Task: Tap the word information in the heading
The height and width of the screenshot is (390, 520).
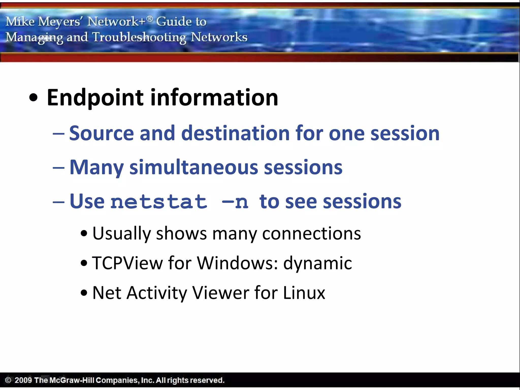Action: pos(214,98)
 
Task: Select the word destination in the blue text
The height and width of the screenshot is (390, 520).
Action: pos(235,133)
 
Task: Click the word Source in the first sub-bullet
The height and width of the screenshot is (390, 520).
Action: pos(101,133)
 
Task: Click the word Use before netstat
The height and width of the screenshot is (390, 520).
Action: pos(87,201)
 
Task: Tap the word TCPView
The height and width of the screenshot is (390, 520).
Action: pos(127,263)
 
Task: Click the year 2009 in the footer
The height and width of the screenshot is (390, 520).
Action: pos(23,380)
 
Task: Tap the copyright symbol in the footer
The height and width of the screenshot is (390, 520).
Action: pos(8,380)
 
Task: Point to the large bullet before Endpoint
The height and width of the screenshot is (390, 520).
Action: pos(33,98)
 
